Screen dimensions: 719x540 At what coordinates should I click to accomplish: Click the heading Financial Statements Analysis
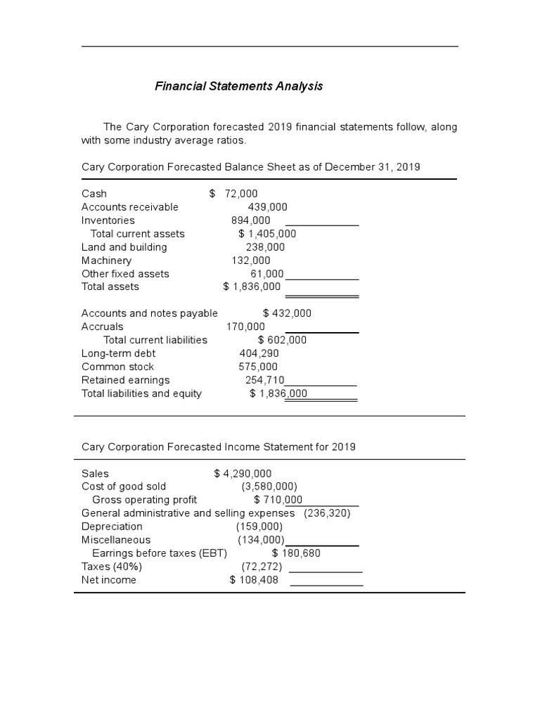[238, 86]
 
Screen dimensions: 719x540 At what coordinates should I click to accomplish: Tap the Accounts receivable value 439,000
[267, 207]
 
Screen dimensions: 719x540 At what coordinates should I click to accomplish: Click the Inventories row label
[108, 220]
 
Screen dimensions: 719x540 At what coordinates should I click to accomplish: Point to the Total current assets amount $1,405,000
[267, 234]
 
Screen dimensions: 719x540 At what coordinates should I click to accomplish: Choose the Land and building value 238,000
[265, 247]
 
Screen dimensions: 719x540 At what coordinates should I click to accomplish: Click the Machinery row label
[106, 260]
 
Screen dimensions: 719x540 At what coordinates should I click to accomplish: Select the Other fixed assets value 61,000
[267, 274]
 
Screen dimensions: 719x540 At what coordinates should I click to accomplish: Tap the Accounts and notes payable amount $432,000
[287, 313]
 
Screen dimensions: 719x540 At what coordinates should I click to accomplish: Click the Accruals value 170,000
[245, 326]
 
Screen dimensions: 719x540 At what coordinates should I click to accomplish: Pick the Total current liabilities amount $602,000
[282, 340]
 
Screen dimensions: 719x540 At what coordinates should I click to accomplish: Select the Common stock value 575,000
[258, 367]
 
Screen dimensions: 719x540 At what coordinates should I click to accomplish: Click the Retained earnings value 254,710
[264, 380]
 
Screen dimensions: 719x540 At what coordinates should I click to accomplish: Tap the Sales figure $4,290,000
[243, 474]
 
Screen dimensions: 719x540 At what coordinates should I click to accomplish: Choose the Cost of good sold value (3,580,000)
[269, 487]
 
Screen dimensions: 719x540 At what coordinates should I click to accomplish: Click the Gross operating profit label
[145, 500]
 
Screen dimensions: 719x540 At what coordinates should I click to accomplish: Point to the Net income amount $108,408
[254, 580]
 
